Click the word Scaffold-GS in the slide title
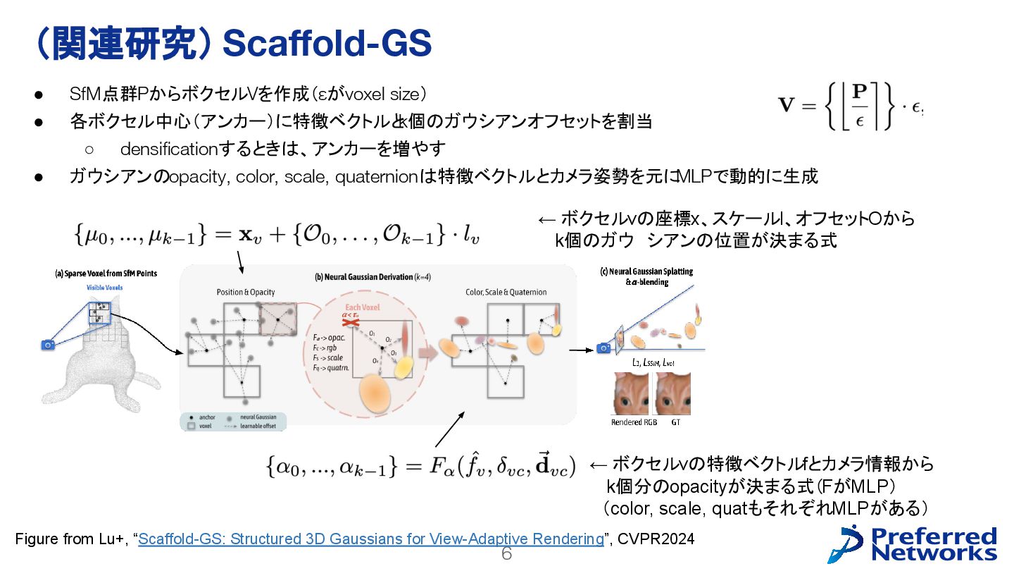[326, 44]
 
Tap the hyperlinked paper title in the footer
[371, 539]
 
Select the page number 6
[506, 554]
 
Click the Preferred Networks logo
[913, 544]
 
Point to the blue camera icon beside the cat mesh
[48, 345]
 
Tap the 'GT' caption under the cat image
[675, 422]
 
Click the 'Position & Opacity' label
[246, 292]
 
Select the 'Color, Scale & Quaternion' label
[506, 292]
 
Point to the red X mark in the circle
[346, 321]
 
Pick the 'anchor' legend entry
[206, 417]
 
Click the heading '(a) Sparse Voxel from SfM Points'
[106, 273]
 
